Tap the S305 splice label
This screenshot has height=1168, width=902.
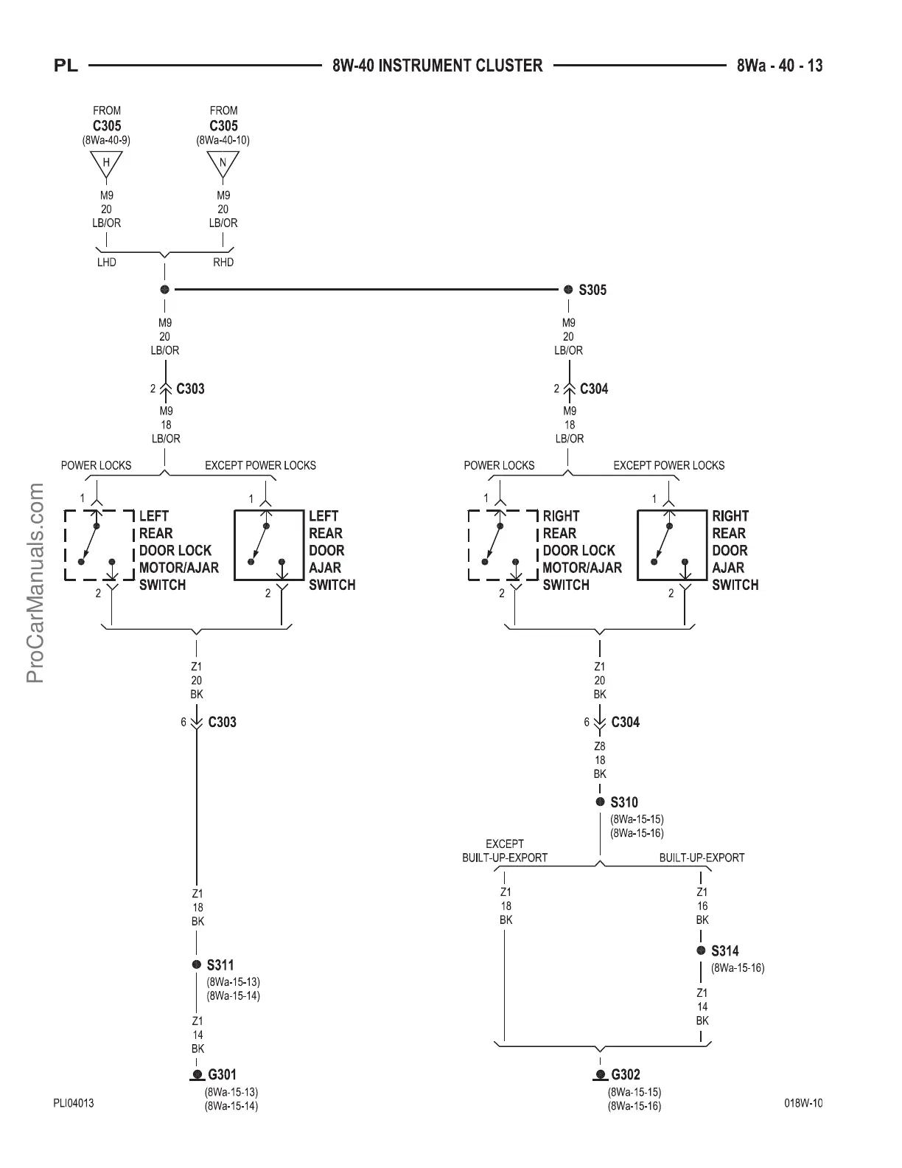tap(592, 290)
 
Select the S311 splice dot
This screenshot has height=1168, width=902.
tap(197, 964)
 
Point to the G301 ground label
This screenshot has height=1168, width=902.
tap(222, 1074)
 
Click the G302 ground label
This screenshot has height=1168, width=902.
tap(626, 1074)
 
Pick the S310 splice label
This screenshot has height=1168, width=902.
tap(623, 802)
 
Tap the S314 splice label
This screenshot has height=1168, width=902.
tap(724, 951)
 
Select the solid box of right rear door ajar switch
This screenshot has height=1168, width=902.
tap(671, 545)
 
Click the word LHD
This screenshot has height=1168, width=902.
tap(107, 263)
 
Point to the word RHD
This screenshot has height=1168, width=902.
tap(223, 263)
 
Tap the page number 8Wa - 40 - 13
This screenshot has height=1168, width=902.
tap(780, 66)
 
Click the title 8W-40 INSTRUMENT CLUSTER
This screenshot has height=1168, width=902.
tap(438, 66)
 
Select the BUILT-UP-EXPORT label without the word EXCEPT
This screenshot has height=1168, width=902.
tap(702, 858)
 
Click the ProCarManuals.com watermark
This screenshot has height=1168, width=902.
tap(35, 583)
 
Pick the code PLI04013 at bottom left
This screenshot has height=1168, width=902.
tap(73, 1103)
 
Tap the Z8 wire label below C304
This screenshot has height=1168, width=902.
tap(600, 746)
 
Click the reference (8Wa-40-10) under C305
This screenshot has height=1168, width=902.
tap(223, 140)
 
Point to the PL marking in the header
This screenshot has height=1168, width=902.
tap(66, 66)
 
